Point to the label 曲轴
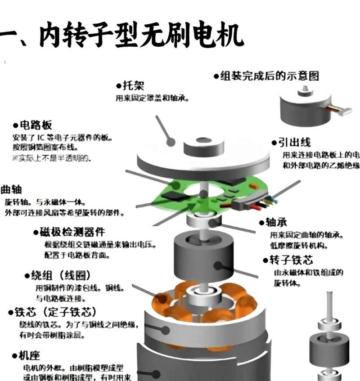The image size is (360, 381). [x=12, y=189]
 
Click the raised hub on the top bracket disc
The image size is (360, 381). [x=204, y=147]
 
